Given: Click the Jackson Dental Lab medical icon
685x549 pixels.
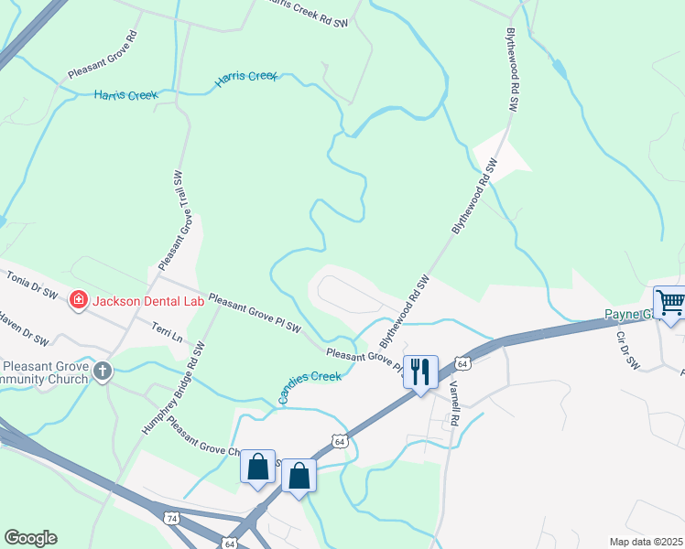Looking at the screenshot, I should tap(78, 299).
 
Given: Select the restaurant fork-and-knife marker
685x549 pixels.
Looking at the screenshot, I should tap(420, 371).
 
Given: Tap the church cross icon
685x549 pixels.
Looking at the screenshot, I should tap(103, 371).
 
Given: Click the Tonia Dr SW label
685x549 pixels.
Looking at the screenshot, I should tap(31, 285).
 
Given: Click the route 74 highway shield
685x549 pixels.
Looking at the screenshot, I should tap(172, 519).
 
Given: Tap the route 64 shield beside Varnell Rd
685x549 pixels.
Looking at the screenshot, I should tap(463, 364).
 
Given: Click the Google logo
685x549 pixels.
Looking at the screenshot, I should tap(30, 538).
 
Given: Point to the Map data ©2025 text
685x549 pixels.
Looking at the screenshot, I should tap(646, 542).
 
